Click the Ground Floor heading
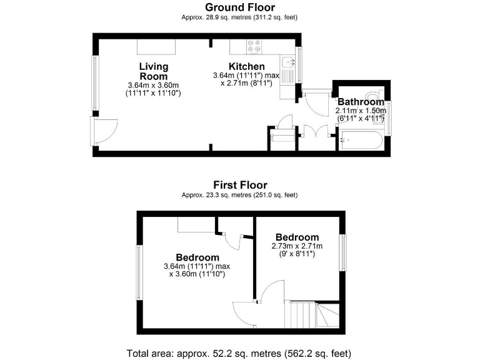[240, 7]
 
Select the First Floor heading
[240, 185]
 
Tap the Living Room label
[154, 71]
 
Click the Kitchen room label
[246, 66]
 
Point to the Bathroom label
[361, 102]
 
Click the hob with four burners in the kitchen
[254, 46]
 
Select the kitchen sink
[288, 62]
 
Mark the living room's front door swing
[103, 131]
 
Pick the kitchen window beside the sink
[300, 64]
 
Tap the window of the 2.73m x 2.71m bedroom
[342, 252]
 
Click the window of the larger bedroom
[139, 272]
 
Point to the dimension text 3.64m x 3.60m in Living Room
[153, 86]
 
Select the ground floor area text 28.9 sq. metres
[240, 17]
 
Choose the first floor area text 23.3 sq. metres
[240, 195]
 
